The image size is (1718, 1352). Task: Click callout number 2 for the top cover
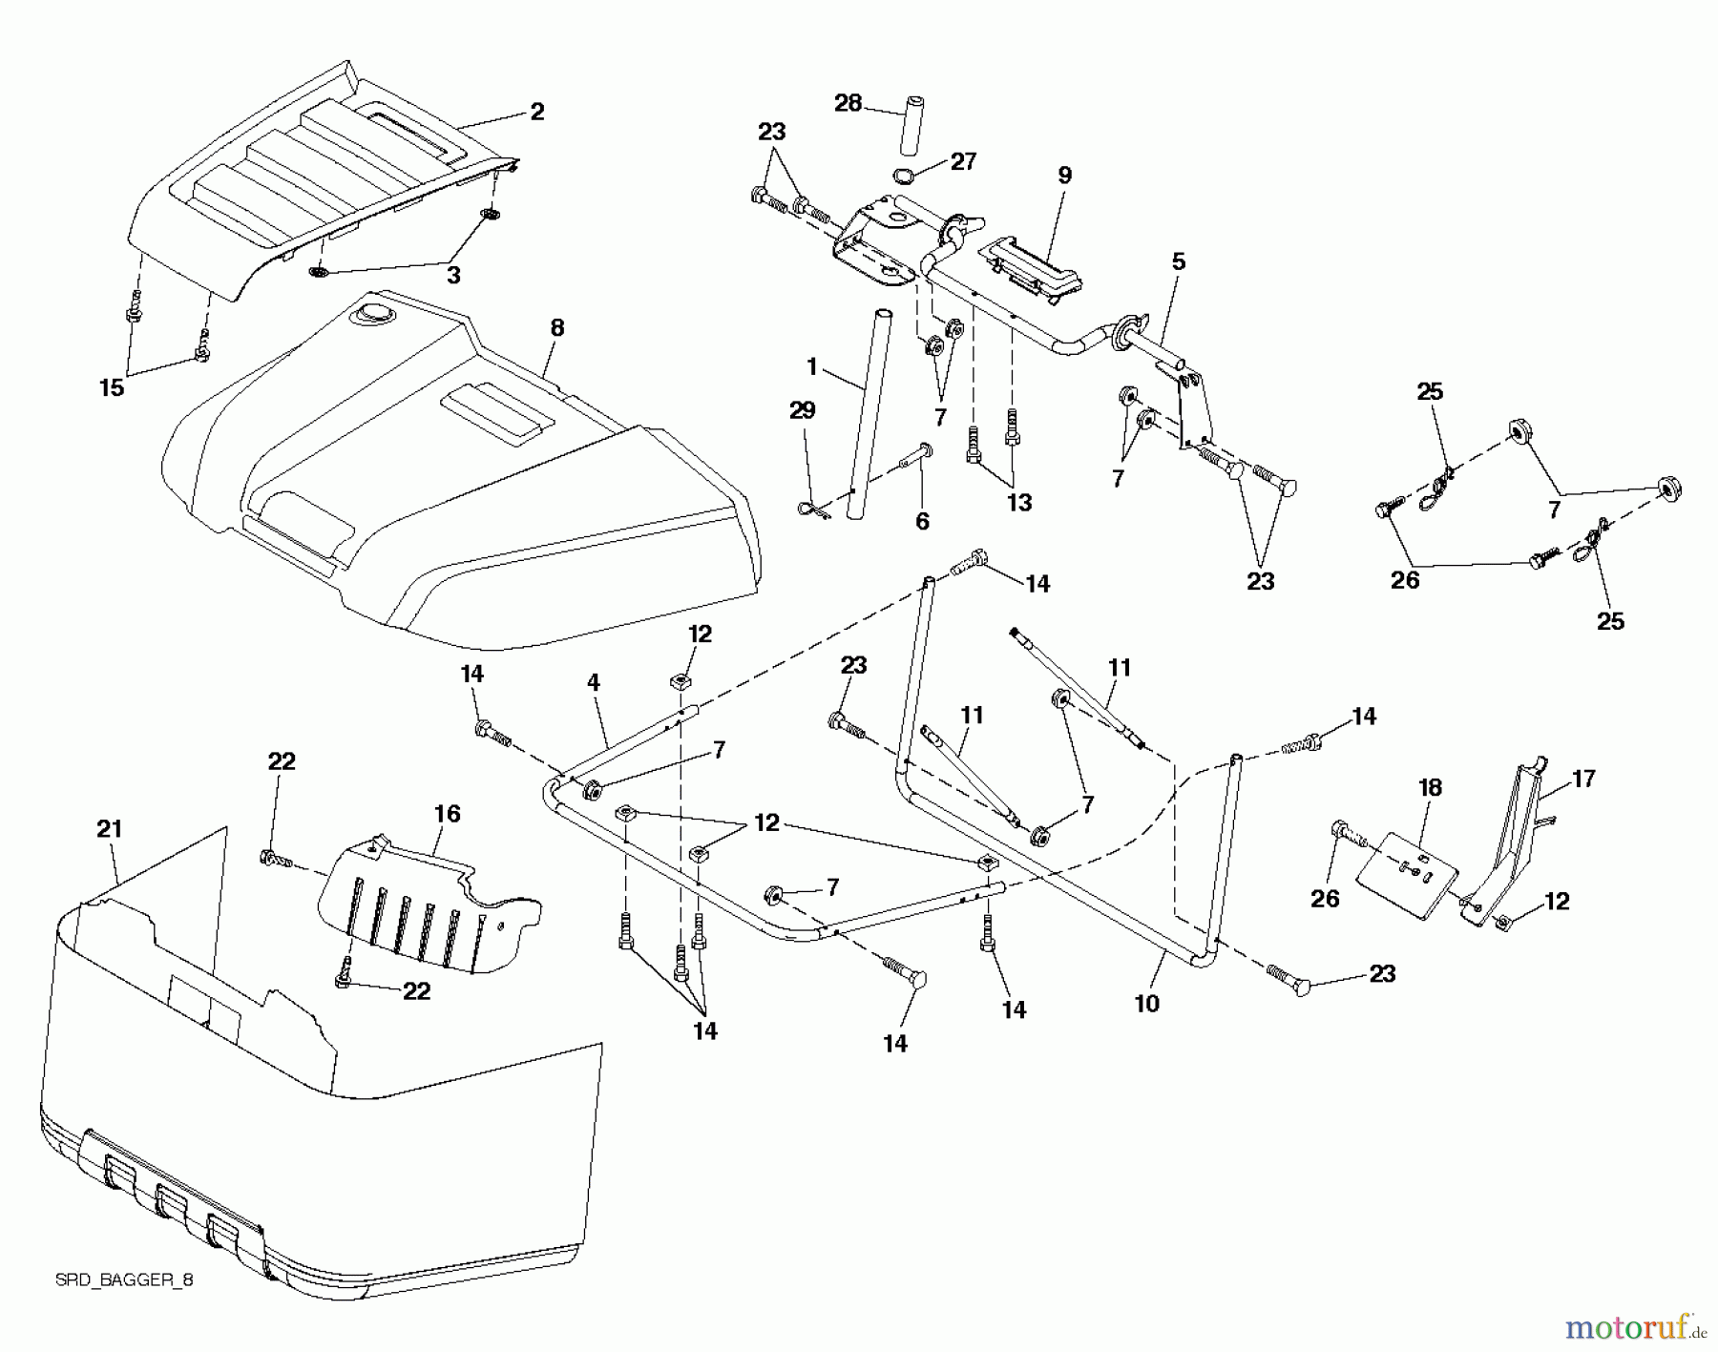537,112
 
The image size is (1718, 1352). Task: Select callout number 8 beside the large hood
557,328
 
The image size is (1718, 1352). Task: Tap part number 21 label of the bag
110,829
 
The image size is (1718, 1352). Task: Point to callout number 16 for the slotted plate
448,814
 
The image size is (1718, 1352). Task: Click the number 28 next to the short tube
849,103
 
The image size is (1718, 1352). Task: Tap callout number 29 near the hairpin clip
803,410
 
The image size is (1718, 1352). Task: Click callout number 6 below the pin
922,521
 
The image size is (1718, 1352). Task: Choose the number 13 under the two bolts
1019,503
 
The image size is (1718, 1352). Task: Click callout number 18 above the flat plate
1430,788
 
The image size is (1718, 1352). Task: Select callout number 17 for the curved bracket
1583,780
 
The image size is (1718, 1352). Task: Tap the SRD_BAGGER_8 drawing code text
123,1280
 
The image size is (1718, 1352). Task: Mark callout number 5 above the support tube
1179,261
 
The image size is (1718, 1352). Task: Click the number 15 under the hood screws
113,387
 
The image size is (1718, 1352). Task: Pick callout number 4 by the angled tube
594,683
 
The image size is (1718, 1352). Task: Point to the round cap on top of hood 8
367,312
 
